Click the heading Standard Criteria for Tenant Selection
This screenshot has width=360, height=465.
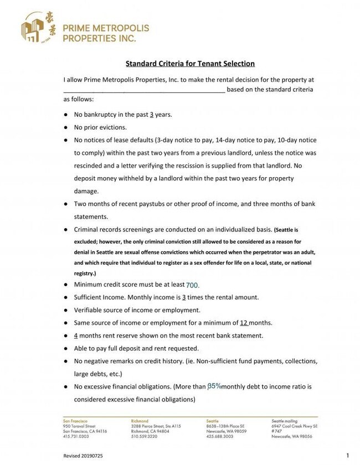(x=189, y=64)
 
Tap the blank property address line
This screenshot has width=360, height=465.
(x=144, y=90)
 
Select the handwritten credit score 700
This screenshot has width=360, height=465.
(x=192, y=286)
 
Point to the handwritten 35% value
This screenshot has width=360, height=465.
(x=214, y=385)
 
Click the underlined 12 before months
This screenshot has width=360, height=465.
(x=244, y=323)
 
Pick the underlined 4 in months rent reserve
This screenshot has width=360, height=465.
(x=76, y=335)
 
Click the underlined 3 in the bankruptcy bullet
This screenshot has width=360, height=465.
(x=152, y=115)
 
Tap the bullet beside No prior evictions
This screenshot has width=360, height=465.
(x=65, y=127)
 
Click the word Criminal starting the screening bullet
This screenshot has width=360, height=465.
(x=88, y=229)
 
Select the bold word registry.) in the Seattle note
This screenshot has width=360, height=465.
(x=85, y=273)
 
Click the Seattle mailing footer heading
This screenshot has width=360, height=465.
(x=285, y=421)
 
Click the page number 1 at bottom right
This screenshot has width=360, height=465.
(x=347, y=455)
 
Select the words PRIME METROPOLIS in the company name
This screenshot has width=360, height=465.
(x=106, y=28)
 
